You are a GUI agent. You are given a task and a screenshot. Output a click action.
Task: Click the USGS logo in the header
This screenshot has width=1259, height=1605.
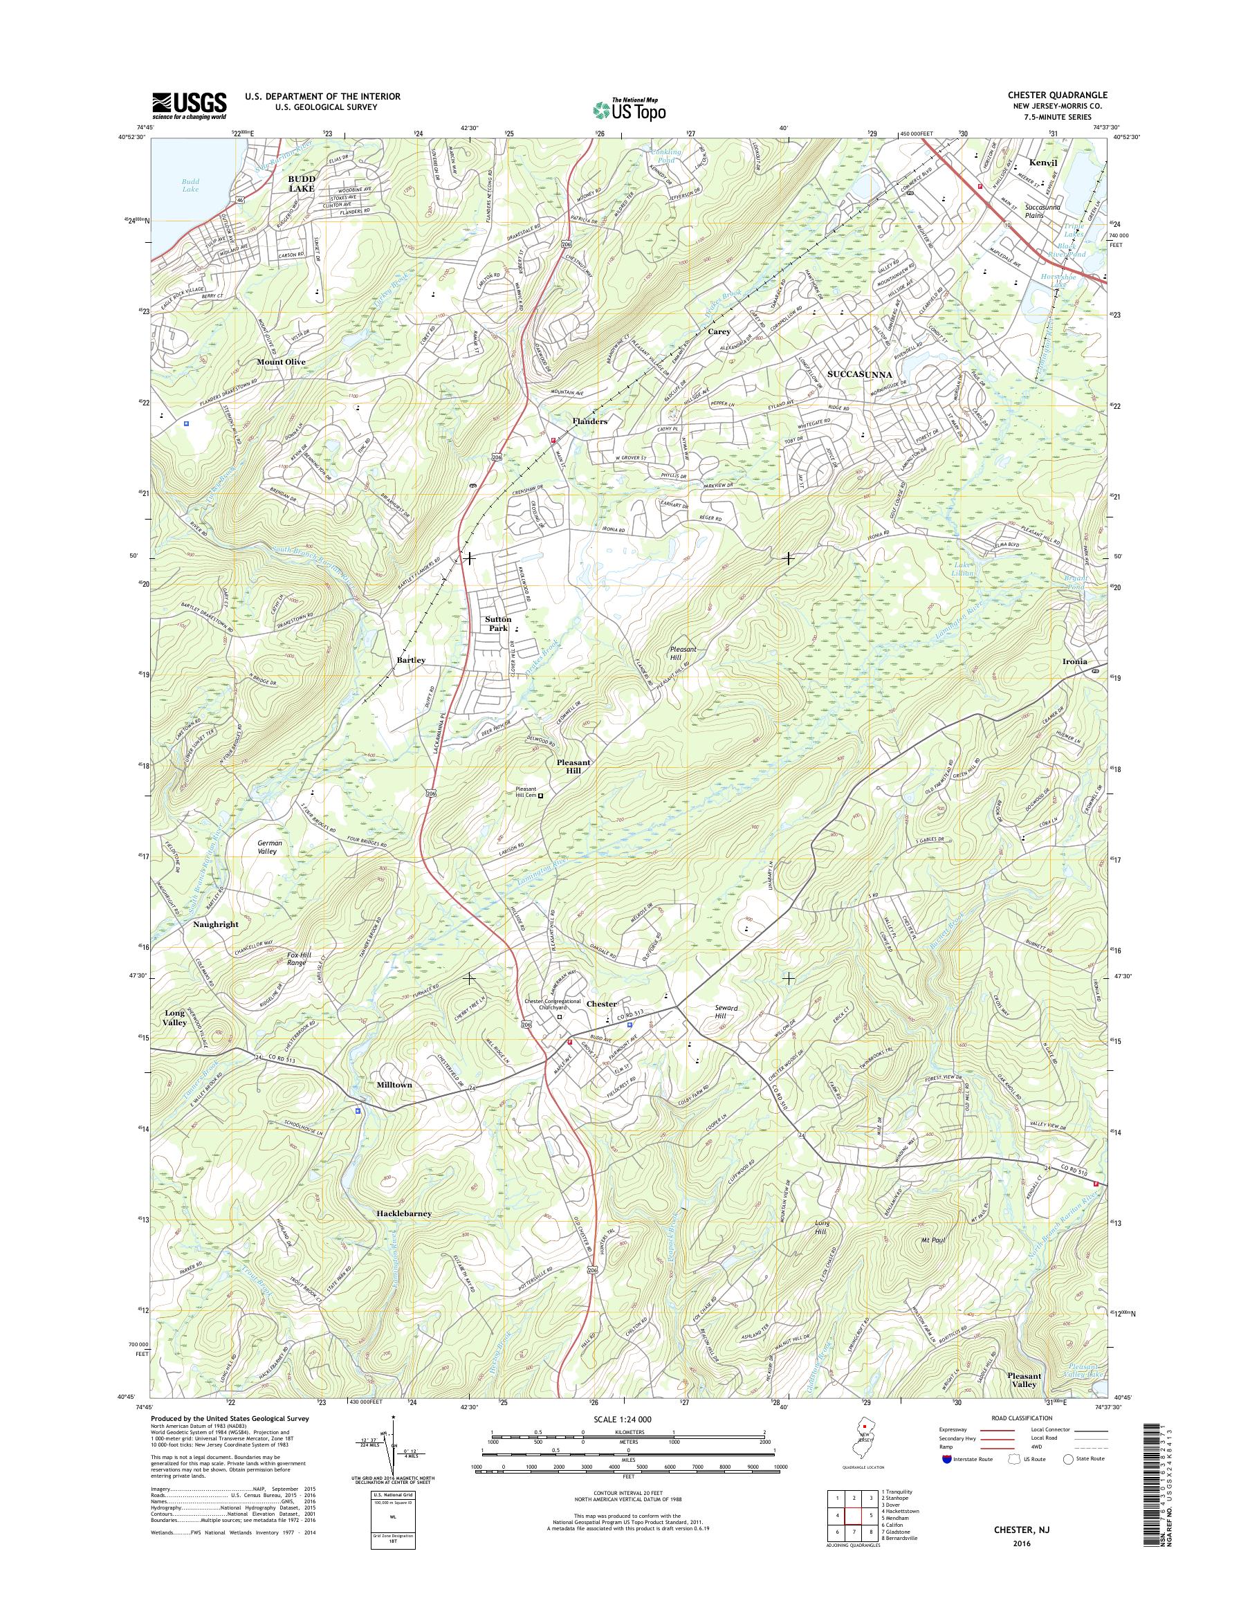click(x=190, y=105)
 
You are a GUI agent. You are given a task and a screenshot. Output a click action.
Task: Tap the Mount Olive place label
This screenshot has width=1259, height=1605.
click(x=281, y=362)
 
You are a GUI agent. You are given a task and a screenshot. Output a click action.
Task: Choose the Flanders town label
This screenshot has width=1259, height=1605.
click(x=589, y=422)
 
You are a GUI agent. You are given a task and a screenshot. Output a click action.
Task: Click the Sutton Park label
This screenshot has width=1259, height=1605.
click(x=498, y=624)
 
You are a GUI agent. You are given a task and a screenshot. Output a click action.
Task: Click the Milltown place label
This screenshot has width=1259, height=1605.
click(x=394, y=1085)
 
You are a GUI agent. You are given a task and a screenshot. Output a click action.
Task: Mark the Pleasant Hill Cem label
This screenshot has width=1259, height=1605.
click(x=525, y=795)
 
